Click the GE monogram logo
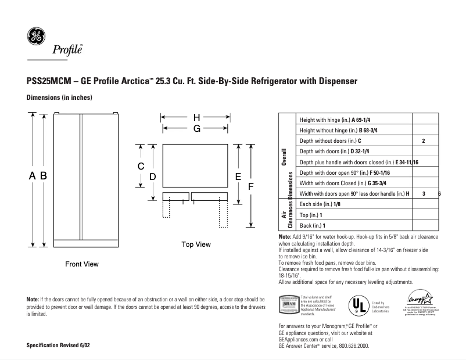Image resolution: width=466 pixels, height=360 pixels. [x=35, y=37]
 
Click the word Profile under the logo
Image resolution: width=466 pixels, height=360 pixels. [x=67, y=51]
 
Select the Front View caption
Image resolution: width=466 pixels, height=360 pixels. [x=81, y=264]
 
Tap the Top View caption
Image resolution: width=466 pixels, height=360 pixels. [x=196, y=244]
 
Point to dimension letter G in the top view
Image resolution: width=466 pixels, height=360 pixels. [x=197, y=128]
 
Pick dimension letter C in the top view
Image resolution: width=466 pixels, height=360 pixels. [x=141, y=167]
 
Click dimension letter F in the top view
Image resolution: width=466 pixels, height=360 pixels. [x=251, y=186]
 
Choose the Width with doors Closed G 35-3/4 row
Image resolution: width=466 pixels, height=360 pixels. [x=333, y=183]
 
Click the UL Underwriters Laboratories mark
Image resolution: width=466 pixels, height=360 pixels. [x=356, y=305]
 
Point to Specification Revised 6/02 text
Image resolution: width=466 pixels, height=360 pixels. [x=58, y=345]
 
